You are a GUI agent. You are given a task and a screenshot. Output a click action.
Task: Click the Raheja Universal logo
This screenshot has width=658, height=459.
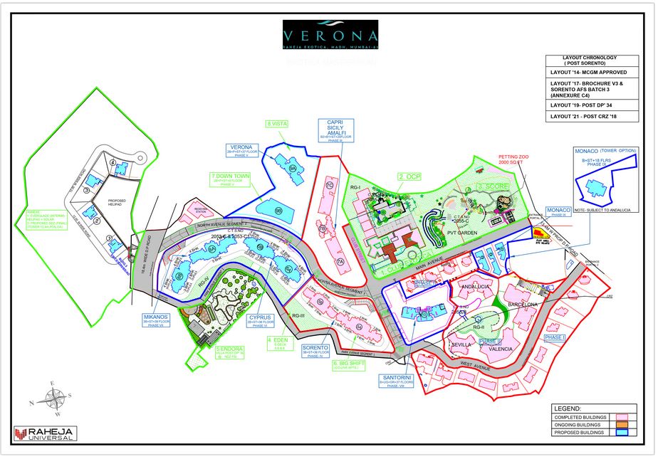point(46,433)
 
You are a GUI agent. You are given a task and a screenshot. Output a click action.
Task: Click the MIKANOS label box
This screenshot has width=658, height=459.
point(155,320)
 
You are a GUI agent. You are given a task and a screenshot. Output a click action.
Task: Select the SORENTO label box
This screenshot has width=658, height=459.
point(315,351)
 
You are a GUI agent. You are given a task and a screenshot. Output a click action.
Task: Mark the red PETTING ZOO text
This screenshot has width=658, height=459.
point(513,159)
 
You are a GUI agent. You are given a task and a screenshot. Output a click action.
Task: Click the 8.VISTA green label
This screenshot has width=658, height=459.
point(278,124)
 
